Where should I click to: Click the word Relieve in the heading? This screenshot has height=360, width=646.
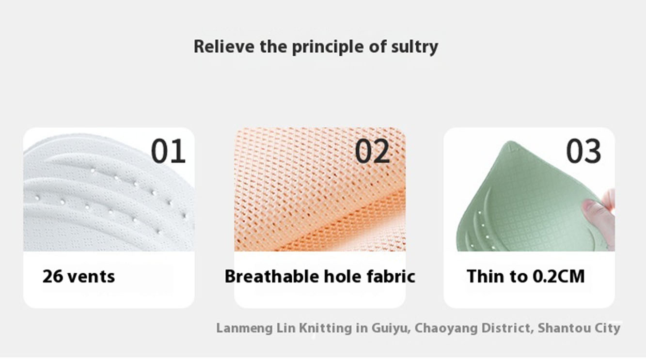click(224, 46)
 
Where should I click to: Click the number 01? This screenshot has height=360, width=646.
click(169, 151)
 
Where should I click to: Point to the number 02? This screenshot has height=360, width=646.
click(372, 151)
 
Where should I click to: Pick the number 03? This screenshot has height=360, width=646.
click(583, 151)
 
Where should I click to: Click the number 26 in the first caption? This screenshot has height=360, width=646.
click(52, 276)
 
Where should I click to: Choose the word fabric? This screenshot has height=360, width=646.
click(391, 276)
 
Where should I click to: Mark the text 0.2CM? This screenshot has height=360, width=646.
click(559, 276)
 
